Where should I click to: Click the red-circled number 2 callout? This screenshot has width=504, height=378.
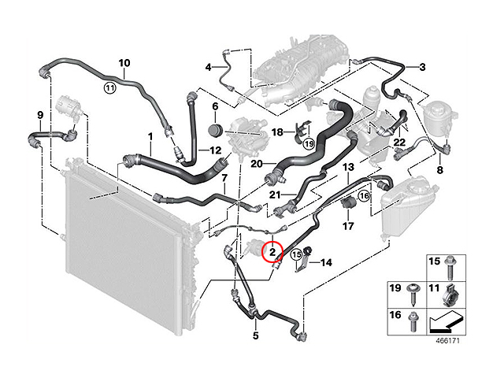coord(272,252)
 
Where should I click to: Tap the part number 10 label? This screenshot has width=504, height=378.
coord(124,63)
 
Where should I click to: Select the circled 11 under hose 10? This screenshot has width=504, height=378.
coord(110,87)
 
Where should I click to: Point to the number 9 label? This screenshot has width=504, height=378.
coord(40,115)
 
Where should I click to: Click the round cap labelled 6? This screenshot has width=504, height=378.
coord(215,132)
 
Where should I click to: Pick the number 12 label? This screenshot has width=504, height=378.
coord(215,150)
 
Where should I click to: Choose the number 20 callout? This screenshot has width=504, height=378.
coord(257,164)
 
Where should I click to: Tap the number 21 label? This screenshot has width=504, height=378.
coord(275,195)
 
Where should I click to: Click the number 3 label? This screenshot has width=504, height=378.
coord(422,67)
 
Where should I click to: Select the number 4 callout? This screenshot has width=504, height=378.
coord(209,68)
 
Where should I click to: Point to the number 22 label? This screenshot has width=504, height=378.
coord(399,142)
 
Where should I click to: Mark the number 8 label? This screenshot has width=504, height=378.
coord(439,170)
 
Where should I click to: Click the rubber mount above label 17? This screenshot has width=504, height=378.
coord(347,203)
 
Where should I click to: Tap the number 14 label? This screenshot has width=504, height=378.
coord(326,262)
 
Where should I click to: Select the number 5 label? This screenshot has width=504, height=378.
coord(255,336)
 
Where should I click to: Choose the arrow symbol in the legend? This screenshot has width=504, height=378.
coord(447,322)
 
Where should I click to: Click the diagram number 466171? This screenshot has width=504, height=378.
coord(447,341)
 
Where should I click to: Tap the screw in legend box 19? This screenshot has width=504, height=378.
coord(412,295)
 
